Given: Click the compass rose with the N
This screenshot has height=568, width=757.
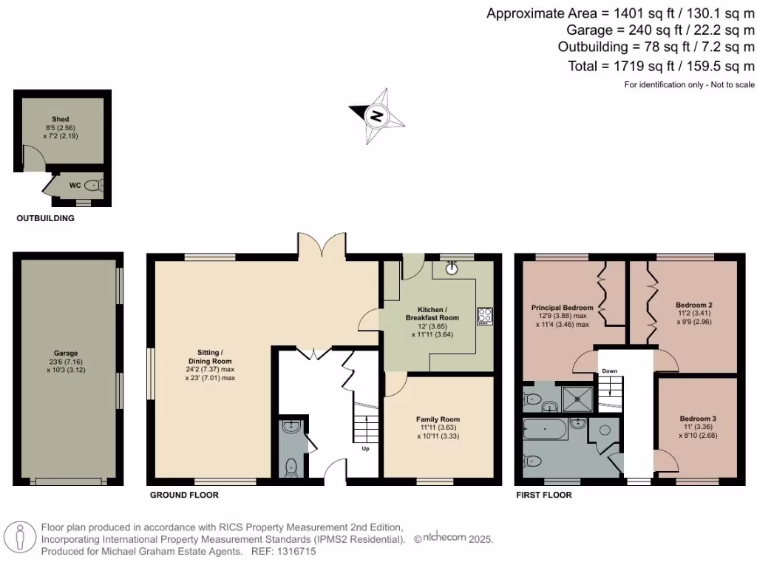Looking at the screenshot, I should point(378,116).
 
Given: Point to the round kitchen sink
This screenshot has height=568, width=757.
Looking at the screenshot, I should point(452,268).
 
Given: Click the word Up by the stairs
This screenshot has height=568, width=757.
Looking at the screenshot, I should point(365,448).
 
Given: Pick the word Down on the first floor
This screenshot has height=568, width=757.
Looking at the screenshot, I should point(609,371).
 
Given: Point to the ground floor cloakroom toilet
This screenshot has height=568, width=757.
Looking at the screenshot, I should point(291,466).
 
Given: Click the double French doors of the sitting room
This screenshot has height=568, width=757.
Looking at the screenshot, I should point(322,243).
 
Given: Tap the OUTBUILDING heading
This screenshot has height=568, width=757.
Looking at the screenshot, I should point(45,219).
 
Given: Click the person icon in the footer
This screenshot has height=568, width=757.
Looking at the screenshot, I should point(20,538).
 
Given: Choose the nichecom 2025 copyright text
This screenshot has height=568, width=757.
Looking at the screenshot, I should point(452,540).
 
